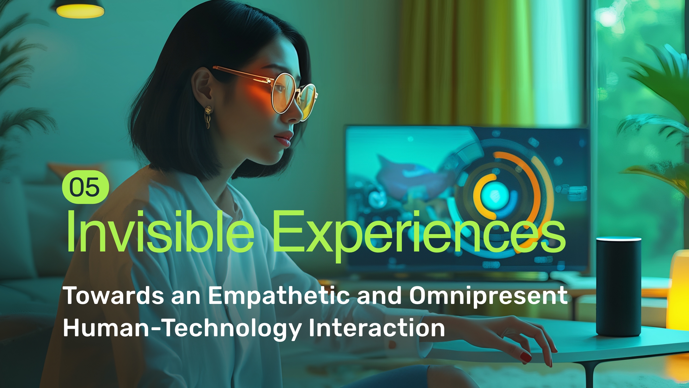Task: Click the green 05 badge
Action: pos(86,187)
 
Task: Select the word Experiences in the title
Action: pos(419,236)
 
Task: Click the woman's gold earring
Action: pos(208,116)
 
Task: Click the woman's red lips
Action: pos(284,139)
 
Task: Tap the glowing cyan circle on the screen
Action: pos(495,196)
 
